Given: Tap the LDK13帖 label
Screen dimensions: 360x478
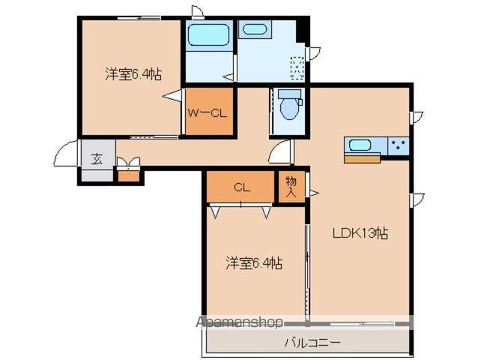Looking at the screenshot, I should coord(360,232).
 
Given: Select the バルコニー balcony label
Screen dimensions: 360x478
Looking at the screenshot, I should coord(312,343).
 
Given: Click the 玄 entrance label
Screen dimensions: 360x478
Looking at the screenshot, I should coord(97,158).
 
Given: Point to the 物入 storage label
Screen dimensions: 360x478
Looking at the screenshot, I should coord(291,187).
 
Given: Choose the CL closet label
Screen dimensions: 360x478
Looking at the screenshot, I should coord(240,187).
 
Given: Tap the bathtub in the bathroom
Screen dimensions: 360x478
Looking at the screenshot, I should coord(208,35).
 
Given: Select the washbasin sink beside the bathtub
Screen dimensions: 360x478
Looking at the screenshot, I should coord(255,30).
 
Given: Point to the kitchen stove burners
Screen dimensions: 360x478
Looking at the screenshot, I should coord(397,145).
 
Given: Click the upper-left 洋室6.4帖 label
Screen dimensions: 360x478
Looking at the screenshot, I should coord(133,74).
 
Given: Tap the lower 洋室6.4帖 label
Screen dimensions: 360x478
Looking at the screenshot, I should coord(255,263).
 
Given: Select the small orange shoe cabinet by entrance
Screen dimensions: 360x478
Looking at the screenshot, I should coord(129,176).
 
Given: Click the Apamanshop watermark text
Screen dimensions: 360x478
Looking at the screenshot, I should coord(240,322).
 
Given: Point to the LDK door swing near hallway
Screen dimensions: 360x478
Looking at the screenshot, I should coord(280,152).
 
